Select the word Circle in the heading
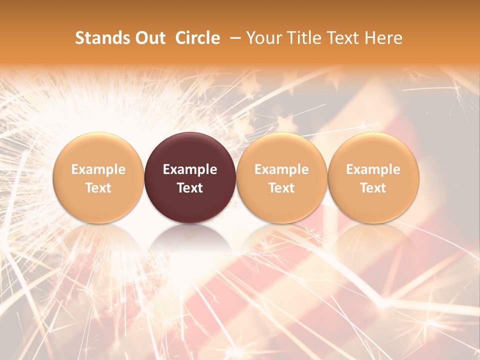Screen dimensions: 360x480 tap(197, 38)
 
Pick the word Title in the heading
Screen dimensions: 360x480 tap(305, 38)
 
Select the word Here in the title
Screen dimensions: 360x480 tap(383, 38)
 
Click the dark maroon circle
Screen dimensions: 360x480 tap(190, 150)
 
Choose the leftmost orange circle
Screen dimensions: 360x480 tap(98, 150)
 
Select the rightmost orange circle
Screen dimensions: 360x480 tap(373, 150)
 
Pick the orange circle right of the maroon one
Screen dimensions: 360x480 tap(281, 150)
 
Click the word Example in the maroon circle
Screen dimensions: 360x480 tap(190, 169)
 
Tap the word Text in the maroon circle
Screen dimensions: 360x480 tap(190, 188)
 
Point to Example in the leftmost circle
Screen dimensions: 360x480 tap(98, 169)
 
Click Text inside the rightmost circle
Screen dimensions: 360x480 tap(373, 188)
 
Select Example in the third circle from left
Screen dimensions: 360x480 tap(281, 169)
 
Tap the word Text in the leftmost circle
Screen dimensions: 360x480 tap(98, 188)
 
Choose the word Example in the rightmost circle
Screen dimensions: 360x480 tap(373, 169)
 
